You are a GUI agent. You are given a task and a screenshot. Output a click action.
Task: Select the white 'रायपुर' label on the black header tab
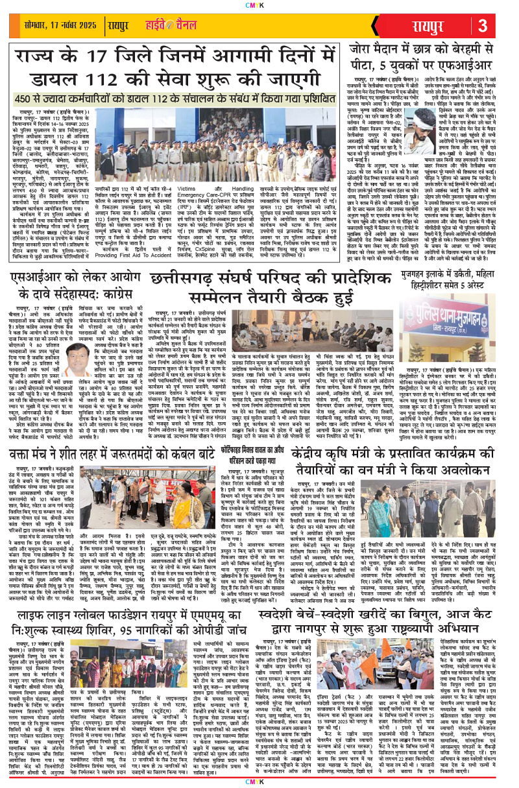[x=439, y=27]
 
